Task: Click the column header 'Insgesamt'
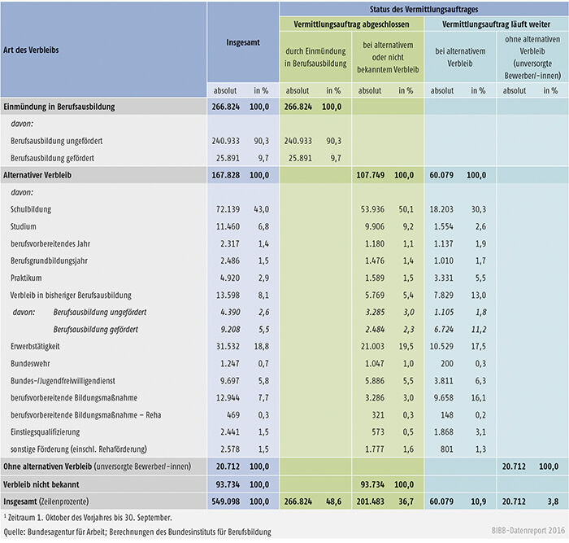(x=241, y=49)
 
